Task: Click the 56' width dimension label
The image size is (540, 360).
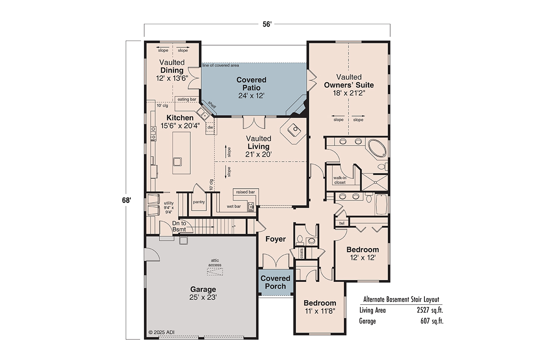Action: (267, 24)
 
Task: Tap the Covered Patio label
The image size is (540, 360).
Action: (251, 84)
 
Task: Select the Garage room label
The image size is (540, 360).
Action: (203, 290)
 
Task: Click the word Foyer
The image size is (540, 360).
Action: (275, 239)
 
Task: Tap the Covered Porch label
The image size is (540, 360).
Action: (275, 282)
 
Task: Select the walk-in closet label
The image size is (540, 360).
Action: (340, 180)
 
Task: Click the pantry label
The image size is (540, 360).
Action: (199, 202)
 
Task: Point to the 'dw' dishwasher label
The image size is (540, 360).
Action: (210, 127)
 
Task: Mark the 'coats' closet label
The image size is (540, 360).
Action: (301, 253)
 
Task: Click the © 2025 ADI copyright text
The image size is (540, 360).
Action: (162, 333)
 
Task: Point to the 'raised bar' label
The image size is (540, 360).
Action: (245, 192)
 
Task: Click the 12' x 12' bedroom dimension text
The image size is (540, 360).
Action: (362, 257)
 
